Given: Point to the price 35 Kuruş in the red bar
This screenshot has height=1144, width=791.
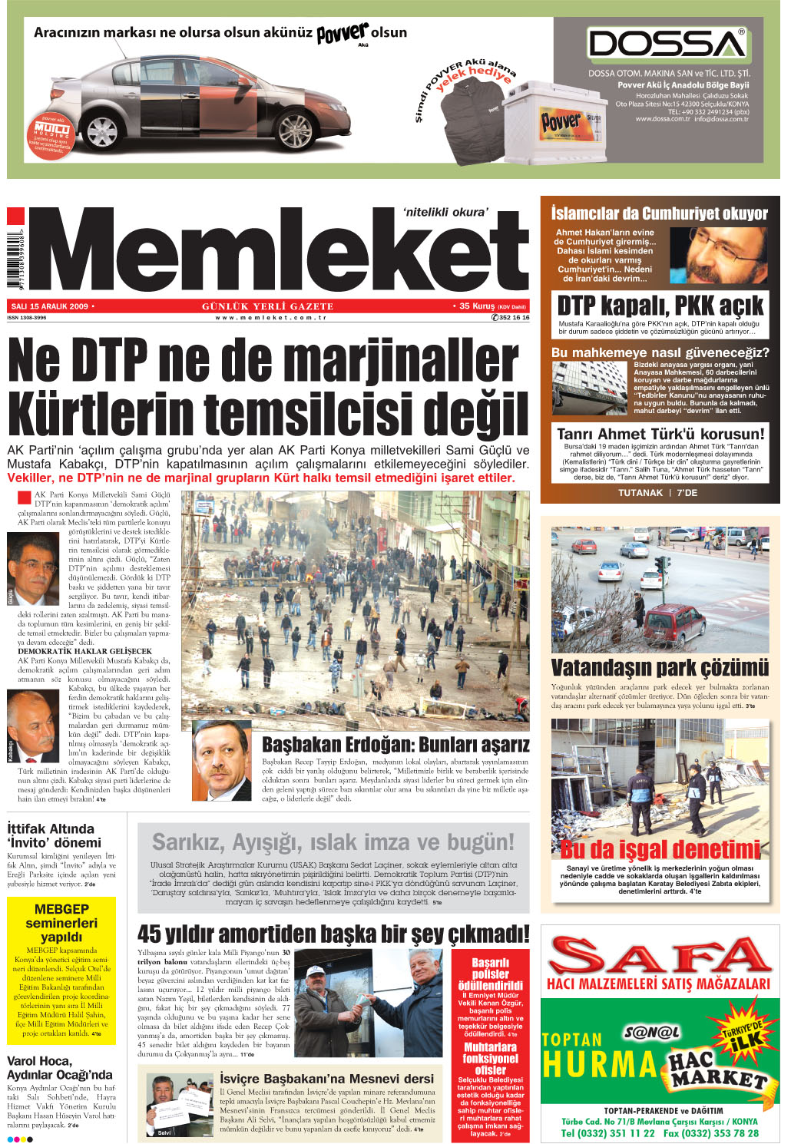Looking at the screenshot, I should click(476, 306).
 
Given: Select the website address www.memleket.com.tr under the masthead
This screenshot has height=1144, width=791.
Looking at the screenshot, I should click(271, 317).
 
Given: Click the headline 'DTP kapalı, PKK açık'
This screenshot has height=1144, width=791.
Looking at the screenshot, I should click(660, 305).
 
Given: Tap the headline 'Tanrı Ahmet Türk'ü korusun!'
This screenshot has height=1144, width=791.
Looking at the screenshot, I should click(660, 434).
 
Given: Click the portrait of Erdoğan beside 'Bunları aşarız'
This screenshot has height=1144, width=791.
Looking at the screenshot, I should click(221, 761).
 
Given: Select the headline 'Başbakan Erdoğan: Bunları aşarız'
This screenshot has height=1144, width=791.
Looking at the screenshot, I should click(395, 745).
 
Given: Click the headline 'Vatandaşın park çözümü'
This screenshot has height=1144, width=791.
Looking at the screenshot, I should click(660, 666).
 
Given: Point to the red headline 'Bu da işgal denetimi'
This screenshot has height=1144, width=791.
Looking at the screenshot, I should click(660, 849).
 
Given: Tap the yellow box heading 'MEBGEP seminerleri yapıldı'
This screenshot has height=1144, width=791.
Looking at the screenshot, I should click(61, 923).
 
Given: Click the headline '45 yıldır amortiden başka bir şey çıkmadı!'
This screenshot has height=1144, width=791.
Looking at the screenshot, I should click(333, 934).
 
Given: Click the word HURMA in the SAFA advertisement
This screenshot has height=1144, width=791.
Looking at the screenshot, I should click(599, 1065).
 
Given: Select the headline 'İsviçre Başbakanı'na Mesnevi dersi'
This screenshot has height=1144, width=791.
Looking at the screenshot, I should click(327, 1079).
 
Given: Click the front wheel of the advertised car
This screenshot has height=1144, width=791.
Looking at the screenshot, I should click(296, 127).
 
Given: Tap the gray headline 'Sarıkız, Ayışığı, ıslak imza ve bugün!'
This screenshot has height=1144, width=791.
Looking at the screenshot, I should click(333, 842).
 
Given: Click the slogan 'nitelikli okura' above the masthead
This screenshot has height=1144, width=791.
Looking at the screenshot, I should click(445, 212).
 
